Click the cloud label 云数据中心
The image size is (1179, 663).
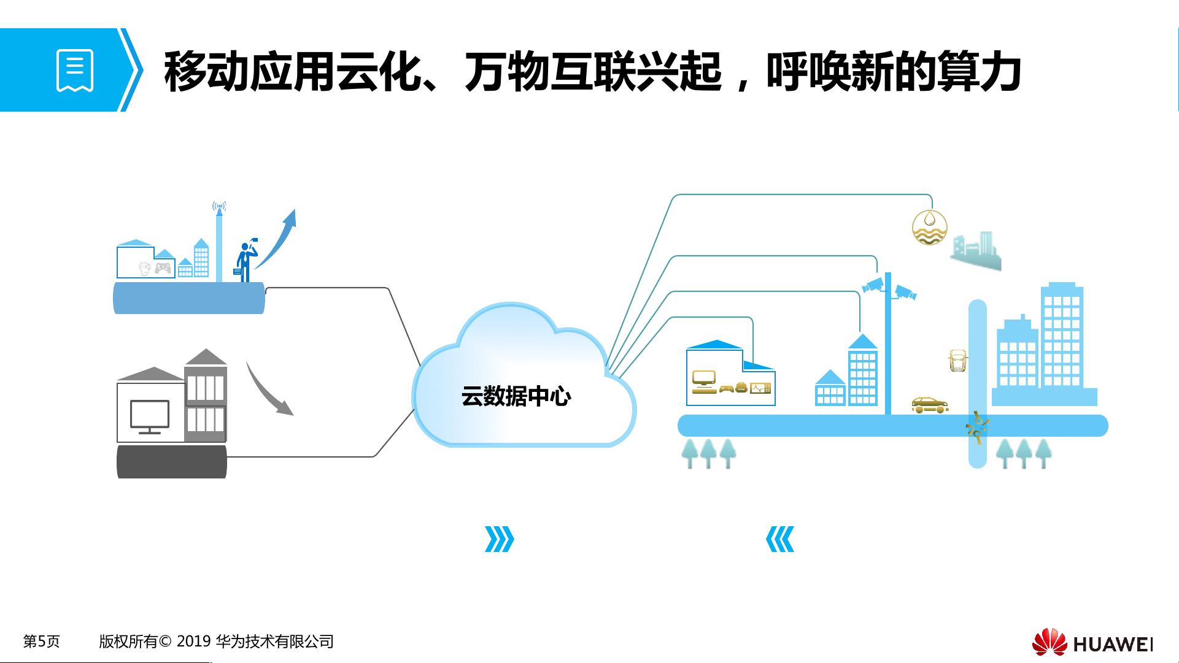[516, 397]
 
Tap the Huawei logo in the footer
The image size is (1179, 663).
[1092, 642]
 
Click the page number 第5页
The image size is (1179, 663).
[41, 642]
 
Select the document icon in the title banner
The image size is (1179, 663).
[75, 71]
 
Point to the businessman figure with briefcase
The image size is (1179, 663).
[246, 260]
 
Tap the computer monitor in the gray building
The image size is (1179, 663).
[150, 417]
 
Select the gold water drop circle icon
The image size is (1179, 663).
[929, 227]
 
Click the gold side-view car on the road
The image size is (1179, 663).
[930, 404]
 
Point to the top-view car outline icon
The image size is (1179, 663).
[957, 361]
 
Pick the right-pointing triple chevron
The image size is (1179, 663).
[499, 539]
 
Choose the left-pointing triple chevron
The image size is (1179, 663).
[780, 539]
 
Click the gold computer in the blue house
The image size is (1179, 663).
[703, 382]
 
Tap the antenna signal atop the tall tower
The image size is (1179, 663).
[219, 207]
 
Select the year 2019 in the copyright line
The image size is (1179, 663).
[193, 642]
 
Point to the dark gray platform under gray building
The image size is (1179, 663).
[172, 462]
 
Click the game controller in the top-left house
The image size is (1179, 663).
[163, 268]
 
